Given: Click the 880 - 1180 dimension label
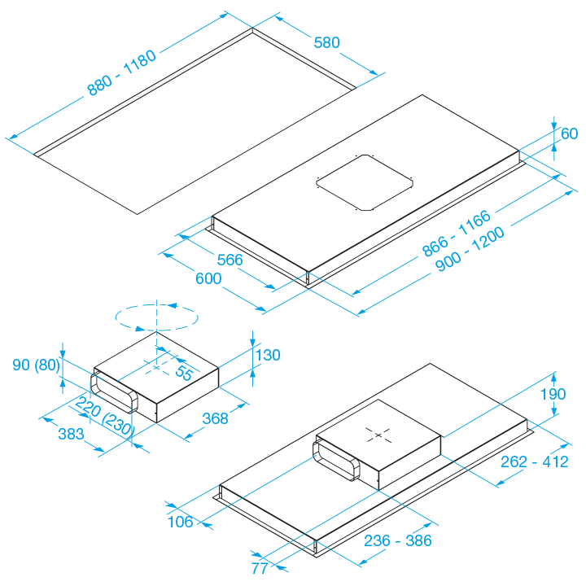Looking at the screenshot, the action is [121, 72].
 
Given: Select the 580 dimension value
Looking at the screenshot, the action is [326, 42].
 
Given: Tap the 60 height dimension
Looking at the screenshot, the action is [569, 133].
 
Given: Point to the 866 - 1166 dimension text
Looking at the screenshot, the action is [457, 234].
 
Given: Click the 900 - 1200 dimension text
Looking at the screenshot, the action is [470, 248].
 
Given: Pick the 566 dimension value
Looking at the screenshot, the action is [230, 260].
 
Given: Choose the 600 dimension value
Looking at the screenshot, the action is [208, 278].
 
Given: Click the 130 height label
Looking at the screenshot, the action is [268, 355].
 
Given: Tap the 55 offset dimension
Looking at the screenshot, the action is [184, 373].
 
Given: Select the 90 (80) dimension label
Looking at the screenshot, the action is [37, 365].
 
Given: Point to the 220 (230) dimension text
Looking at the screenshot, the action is [105, 417].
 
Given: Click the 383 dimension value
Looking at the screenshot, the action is [71, 434].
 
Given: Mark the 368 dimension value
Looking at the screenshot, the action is [215, 418].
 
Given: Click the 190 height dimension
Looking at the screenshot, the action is [553, 394].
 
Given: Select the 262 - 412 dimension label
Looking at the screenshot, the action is [535, 462].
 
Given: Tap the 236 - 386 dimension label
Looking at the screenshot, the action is [398, 540].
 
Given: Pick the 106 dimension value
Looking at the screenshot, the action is [181, 522].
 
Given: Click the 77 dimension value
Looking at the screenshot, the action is [260, 568].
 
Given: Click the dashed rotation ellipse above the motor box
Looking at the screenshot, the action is [156, 317].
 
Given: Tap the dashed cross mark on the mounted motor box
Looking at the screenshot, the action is [378, 435].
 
